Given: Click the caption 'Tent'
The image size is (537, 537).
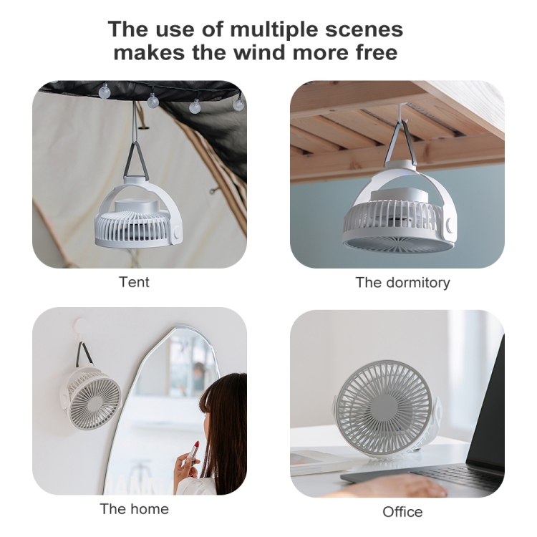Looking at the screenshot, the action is point(134,282).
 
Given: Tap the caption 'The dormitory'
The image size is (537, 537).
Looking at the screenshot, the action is point(402,283).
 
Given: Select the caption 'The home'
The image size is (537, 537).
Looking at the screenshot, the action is point(135,509).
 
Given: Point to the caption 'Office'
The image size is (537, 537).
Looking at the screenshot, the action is point(402,512).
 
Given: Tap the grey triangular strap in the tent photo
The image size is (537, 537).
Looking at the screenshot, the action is point(136,160).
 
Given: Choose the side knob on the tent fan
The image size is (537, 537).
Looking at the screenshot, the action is point(177,235).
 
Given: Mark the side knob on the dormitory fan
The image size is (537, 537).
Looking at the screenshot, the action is point(450,225).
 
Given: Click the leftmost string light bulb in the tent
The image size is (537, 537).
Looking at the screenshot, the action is point(104,91).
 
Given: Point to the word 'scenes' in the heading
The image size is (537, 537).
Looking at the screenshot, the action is point(364,29).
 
